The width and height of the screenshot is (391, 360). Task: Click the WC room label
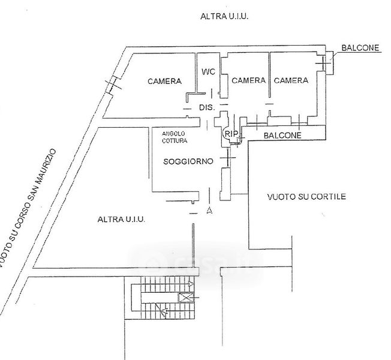(x=208, y=72)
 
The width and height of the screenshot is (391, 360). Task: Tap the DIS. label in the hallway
(x=206, y=107)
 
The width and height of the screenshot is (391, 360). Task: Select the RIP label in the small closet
(x=231, y=133)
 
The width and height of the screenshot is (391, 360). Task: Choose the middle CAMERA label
(x=248, y=80)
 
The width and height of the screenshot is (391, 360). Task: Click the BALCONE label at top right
(x=360, y=49)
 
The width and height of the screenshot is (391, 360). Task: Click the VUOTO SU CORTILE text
(x=307, y=196)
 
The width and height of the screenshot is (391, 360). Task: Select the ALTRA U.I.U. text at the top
(x=224, y=18)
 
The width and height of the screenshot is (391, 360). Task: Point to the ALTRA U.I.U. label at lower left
(x=121, y=220)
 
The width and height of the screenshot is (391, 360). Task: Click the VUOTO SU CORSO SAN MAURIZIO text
(x=29, y=208)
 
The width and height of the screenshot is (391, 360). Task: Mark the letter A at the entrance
(x=209, y=211)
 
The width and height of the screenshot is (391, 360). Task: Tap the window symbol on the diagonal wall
(x=111, y=85)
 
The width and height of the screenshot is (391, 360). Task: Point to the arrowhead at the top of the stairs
(x=191, y=283)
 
